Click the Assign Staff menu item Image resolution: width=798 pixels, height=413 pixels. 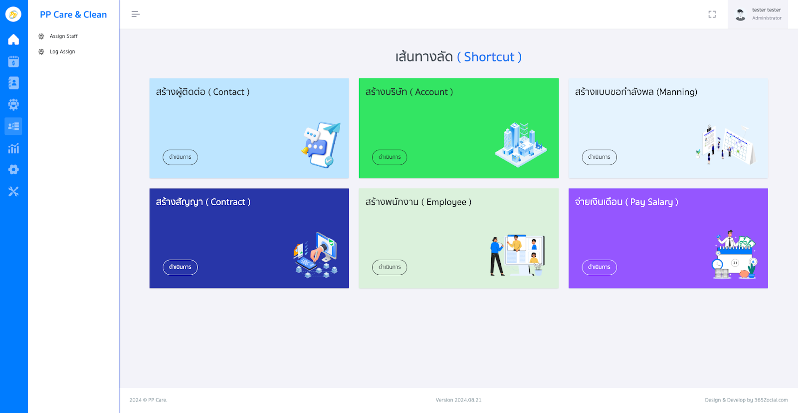(x=63, y=36)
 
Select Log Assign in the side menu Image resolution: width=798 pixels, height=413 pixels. (x=62, y=52)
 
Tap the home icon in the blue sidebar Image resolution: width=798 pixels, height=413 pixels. (x=13, y=39)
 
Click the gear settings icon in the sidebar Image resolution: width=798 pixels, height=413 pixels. (x=13, y=170)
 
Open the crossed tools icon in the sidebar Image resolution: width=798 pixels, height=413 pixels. (x=13, y=191)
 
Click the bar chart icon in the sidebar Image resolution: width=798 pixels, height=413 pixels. (x=13, y=148)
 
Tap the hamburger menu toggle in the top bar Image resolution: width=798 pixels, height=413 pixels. (x=135, y=14)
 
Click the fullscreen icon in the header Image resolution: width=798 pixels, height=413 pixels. (x=712, y=14)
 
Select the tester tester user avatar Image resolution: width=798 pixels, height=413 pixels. (x=741, y=14)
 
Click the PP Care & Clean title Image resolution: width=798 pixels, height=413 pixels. (x=73, y=15)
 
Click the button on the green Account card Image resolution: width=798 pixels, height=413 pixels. (x=390, y=157)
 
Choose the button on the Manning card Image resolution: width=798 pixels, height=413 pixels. (x=599, y=157)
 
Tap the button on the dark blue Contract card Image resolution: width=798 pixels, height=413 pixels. (x=180, y=267)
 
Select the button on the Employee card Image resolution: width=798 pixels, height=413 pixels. (x=390, y=267)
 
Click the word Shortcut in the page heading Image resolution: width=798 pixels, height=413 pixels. (x=489, y=57)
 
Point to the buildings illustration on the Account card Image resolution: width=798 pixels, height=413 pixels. (x=521, y=144)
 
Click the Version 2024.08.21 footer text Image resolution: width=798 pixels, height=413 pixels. (x=458, y=400)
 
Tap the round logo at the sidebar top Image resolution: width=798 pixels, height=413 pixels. (x=13, y=14)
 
